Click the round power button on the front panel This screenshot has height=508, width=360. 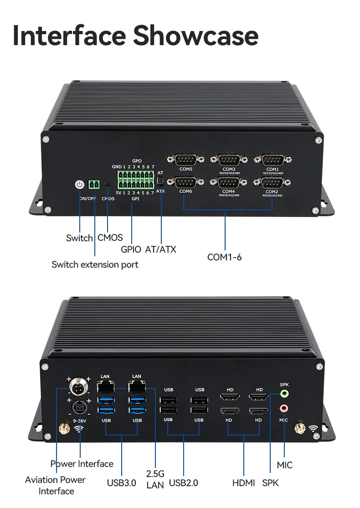point(80,184)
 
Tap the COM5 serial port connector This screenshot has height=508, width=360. point(185,160)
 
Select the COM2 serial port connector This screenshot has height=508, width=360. point(272,182)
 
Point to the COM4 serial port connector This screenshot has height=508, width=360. point(229,182)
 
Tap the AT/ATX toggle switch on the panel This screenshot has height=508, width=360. point(160,181)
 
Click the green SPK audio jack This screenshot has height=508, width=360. point(284,394)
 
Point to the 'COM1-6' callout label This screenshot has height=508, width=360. point(224,257)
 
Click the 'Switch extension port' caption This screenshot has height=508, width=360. point(95,264)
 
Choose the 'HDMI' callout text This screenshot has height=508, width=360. point(244,483)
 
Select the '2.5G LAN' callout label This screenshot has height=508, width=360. point(155,479)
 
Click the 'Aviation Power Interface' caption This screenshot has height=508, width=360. point(56,485)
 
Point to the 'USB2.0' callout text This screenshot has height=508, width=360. point(183,483)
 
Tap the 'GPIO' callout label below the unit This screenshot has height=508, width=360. point(131,249)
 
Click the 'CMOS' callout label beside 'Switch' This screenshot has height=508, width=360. point(110,238)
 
